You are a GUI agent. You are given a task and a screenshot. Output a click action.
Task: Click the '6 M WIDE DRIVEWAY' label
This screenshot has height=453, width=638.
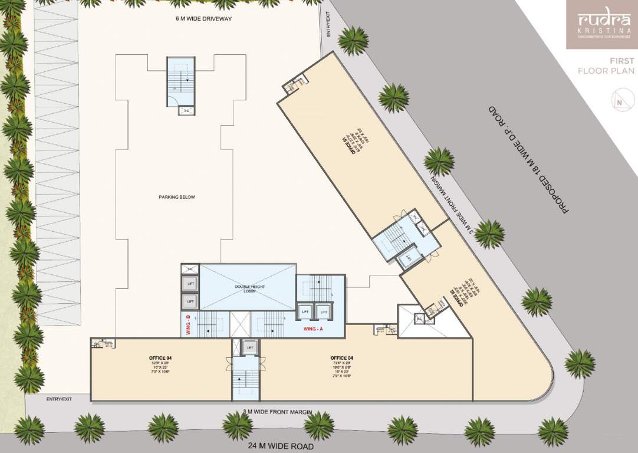[x=205, y=19]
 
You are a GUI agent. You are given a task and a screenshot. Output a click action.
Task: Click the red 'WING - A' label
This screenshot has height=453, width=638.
[x=314, y=328]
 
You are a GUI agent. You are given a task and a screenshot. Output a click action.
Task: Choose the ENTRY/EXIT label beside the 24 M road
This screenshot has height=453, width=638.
[x=59, y=399]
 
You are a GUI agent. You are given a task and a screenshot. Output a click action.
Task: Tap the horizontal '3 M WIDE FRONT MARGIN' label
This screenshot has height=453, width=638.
[x=273, y=412]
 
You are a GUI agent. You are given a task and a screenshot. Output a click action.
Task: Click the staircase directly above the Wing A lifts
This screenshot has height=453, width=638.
[x=317, y=287]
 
